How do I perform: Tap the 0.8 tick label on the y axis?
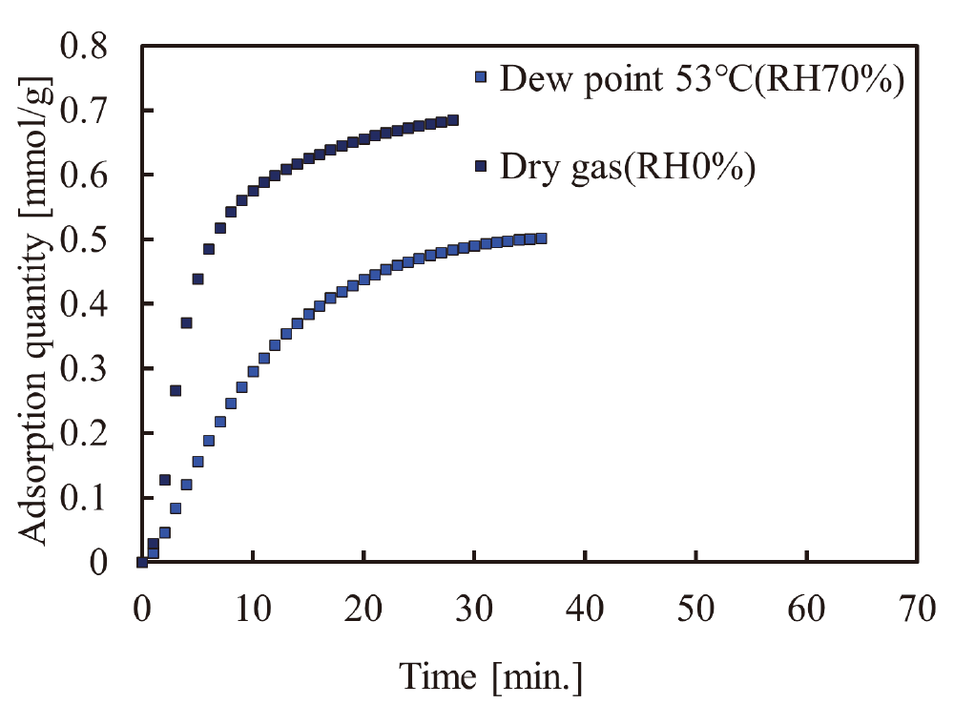(x=84, y=47)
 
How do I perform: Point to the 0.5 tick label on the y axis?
(x=84, y=240)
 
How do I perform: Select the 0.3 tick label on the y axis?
(x=84, y=369)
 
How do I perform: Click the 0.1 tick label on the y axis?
(x=84, y=498)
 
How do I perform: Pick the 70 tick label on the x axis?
(x=917, y=608)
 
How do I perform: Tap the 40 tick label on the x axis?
(x=585, y=608)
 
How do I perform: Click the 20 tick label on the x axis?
(x=363, y=608)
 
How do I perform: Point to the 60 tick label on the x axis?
(x=806, y=608)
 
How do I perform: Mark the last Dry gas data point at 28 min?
(x=452, y=120)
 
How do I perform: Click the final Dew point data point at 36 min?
(x=541, y=238)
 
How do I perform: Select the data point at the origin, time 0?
(x=142, y=562)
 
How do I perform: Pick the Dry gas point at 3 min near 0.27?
(x=176, y=390)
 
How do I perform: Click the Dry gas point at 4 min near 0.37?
(x=186, y=322)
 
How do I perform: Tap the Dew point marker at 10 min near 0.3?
(x=253, y=371)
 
